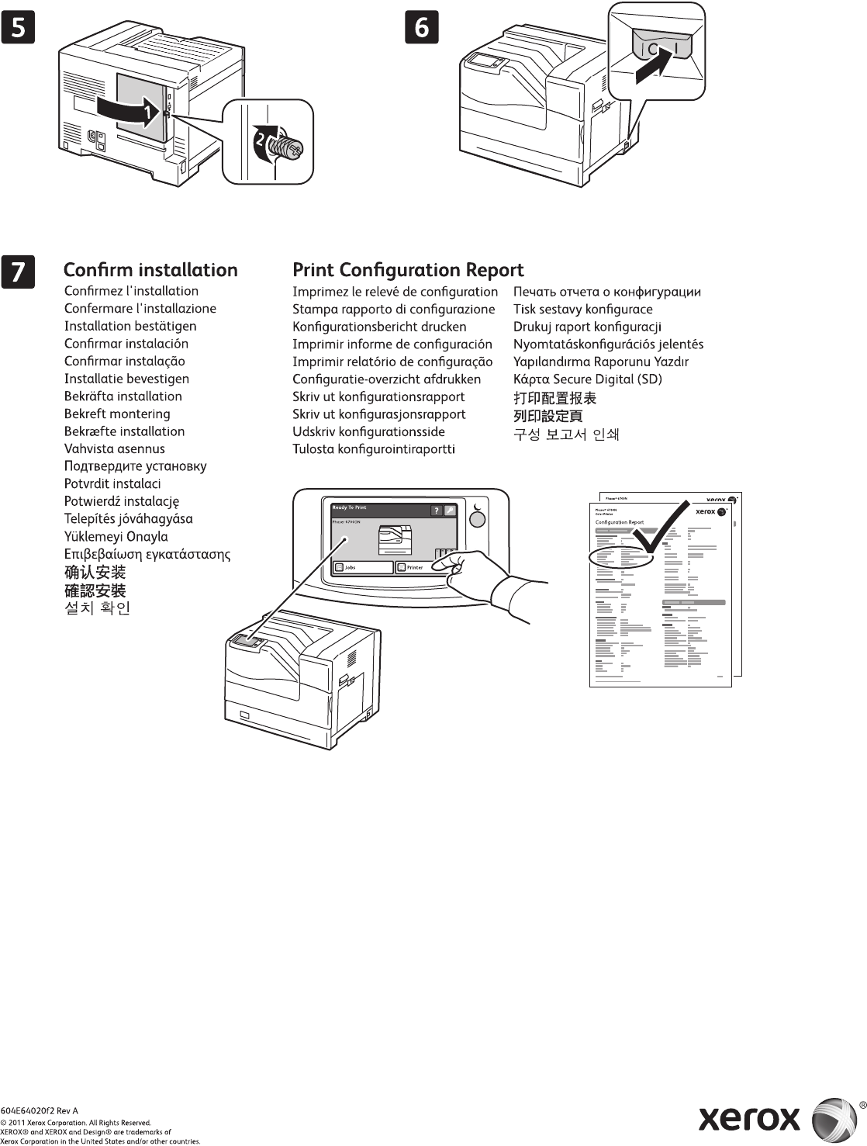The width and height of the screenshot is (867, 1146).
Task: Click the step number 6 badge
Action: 422,28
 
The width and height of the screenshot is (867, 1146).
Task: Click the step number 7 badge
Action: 18,272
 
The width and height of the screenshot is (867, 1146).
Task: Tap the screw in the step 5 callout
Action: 286,144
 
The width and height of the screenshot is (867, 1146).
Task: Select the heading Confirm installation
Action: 150,270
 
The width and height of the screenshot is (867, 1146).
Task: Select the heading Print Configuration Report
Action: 408,270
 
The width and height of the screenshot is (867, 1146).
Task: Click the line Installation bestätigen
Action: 130,326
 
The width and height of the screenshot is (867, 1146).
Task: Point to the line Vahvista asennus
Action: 115,448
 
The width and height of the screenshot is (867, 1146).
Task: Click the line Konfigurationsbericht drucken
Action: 379,327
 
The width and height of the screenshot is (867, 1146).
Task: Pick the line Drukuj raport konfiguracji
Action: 587,327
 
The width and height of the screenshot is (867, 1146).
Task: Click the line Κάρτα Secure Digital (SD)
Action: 587,379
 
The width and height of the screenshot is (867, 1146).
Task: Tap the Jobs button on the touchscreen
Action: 362,567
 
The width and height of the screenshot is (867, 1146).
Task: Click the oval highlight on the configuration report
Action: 622,556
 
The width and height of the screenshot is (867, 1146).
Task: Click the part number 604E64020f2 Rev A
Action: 40,1111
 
